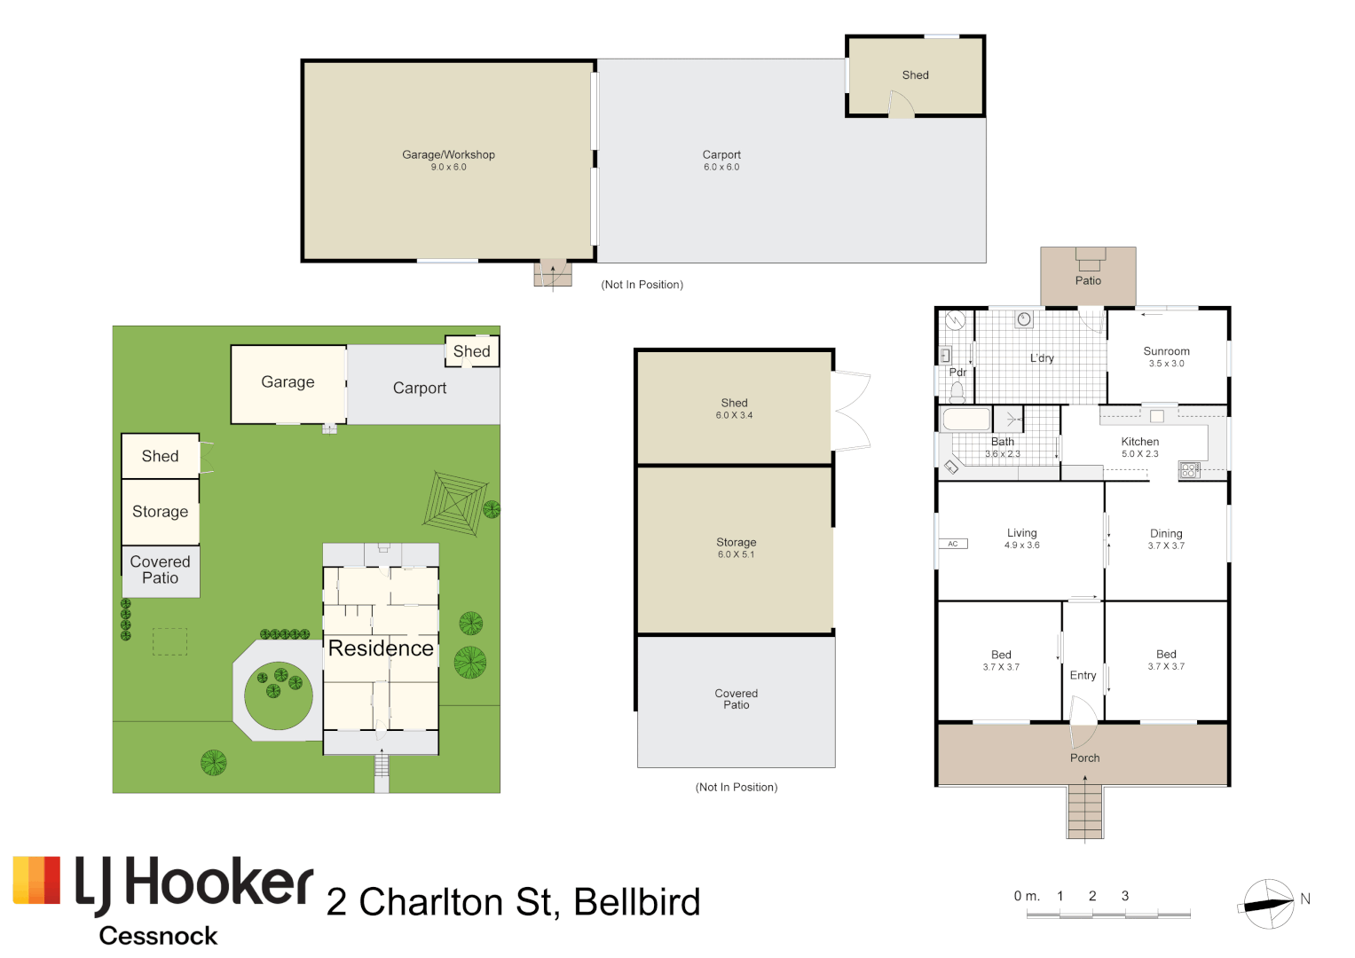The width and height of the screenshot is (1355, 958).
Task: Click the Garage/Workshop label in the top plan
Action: click(448, 154)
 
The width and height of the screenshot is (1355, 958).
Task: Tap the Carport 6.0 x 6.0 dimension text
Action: click(721, 168)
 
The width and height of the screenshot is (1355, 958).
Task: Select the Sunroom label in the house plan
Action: click(1166, 351)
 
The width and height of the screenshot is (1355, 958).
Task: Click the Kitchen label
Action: click(1139, 442)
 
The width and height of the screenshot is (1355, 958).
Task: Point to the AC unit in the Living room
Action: click(952, 544)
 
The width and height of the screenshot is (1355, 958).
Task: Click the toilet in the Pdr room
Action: click(957, 390)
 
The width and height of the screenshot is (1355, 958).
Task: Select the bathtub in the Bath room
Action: click(966, 419)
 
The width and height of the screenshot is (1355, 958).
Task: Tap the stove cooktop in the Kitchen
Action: click(1189, 470)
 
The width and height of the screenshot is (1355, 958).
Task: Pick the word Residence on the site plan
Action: click(381, 648)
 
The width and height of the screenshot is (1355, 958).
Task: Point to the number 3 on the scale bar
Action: click(1124, 896)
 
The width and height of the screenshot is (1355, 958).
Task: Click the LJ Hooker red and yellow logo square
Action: click(36, 880)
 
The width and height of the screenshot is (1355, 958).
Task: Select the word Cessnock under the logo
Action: click(158, 936)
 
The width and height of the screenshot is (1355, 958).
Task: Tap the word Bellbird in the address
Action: click(636, 902)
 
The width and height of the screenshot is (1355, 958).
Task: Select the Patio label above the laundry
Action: click(1088, 280)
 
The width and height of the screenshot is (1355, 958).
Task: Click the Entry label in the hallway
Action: click(1083, 675)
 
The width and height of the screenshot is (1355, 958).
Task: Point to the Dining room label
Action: click(1165, 533)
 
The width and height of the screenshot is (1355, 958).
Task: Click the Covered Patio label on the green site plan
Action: click(160, 569)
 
